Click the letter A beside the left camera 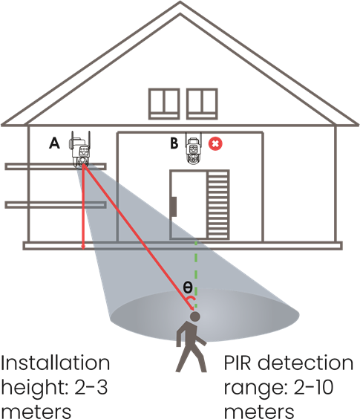click(54, 143)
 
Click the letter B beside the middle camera click(174, 143)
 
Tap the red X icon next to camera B click(215, 143)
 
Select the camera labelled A click(79, 150)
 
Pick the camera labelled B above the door click(194, 149)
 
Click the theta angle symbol click(188, 287)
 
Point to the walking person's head click(195, 316)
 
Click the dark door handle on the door click(174, 207)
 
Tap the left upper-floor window click(164, 104)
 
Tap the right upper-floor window click(202, 104)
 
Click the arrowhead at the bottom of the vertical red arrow click(83, 247)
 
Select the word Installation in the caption click(55, 363)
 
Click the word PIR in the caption click(238, 363)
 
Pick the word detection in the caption click(306, 363)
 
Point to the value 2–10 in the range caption click(314, 387)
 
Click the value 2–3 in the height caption click(91, 387)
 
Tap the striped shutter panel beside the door click(218, 205)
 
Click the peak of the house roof click(180, 1)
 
